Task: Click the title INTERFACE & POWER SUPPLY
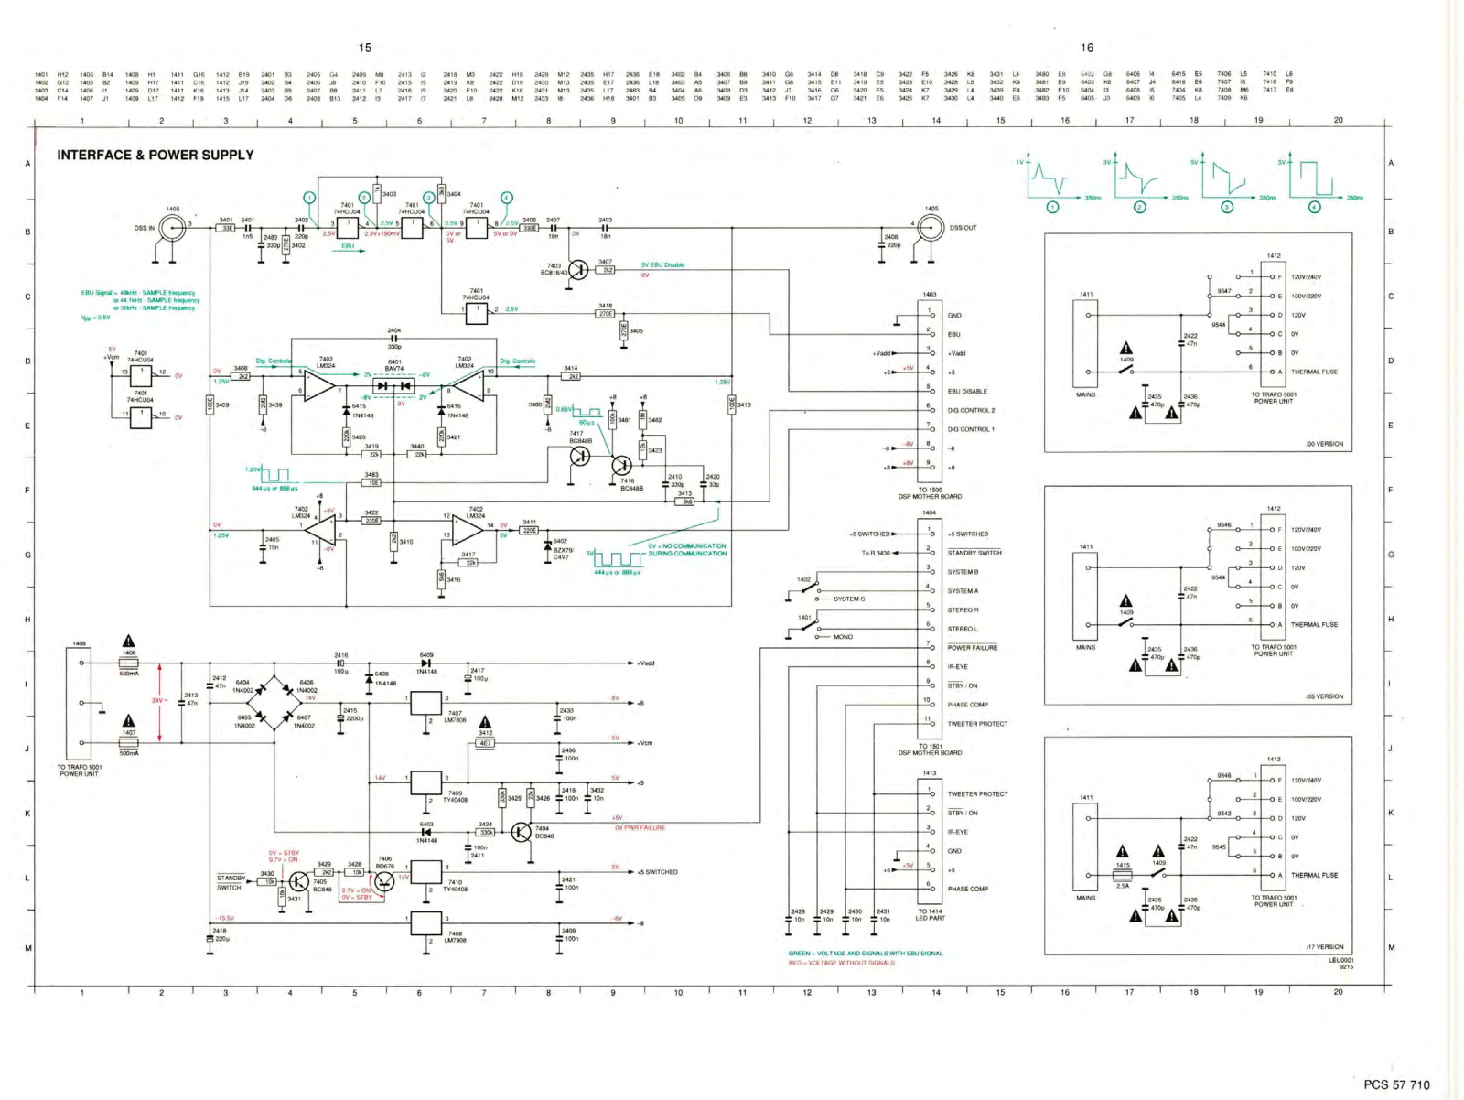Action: tap(156, 155)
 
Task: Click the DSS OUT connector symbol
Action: tap(931, 227)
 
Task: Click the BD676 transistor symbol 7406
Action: tap(384, 879)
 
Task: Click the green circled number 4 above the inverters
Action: tap(507, 198)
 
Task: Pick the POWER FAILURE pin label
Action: tap(972, 648)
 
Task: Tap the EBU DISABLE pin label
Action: tap(967, 391)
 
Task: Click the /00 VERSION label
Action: tap(1324, 444)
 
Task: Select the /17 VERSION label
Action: tap(1324, 947)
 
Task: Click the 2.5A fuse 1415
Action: tap(1123, 875)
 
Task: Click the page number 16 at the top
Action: tap(1086, 48)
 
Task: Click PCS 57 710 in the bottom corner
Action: tap(1395, 1084)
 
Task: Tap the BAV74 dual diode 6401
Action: tap(394, 386)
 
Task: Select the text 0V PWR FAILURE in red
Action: tap(640, 827)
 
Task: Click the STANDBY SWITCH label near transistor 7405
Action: tap(230, 882)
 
